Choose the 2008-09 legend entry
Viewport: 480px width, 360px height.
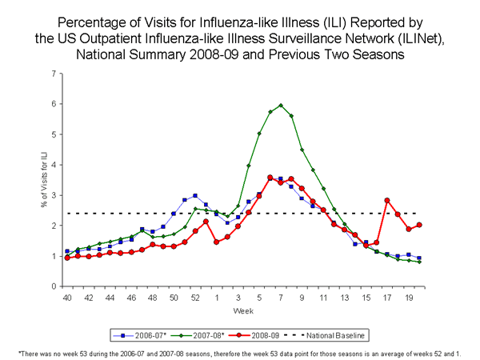point(253,330)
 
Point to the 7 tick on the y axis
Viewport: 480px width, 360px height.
point(55,74)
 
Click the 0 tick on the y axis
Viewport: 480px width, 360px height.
point(55,286)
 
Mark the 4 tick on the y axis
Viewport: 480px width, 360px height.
point(55,165)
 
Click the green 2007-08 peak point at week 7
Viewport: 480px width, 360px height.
point(281,105)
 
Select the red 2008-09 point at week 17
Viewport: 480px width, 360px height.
point(387,200)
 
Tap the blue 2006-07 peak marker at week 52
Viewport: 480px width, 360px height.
point(195,195)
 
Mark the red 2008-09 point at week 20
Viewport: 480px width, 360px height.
point(419,225)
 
